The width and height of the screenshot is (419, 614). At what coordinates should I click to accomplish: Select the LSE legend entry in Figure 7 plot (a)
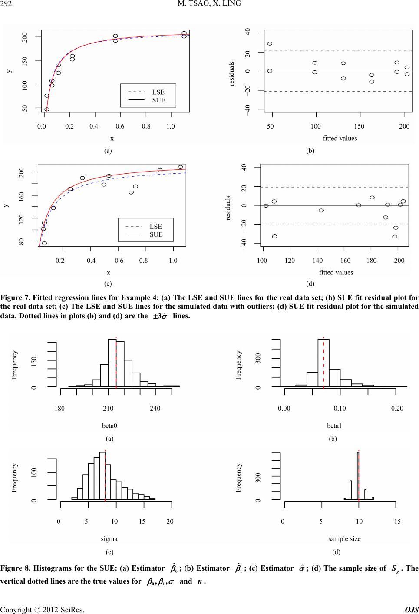[158, 92]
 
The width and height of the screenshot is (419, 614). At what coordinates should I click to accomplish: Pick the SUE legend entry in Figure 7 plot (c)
[156, 234]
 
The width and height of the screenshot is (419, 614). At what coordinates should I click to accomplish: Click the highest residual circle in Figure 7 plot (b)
[270, 43]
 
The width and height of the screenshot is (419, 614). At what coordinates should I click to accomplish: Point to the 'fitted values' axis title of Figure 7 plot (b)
[340, 138]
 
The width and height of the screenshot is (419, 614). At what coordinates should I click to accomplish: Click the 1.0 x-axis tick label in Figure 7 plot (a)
[171, 126]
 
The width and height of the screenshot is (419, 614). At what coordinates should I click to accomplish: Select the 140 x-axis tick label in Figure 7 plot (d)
[317, 261]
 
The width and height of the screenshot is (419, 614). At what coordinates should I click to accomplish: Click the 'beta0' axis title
[109, 426]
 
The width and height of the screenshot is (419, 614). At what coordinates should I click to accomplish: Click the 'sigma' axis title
[109, 539]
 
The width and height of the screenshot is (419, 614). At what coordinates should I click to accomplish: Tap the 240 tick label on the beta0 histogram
[155, 408]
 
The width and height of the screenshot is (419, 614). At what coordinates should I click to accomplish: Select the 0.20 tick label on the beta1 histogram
[397, 408]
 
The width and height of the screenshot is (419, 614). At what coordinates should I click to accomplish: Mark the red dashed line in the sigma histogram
[105, 478]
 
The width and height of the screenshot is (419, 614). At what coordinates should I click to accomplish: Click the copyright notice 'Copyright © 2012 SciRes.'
[42, 609]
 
